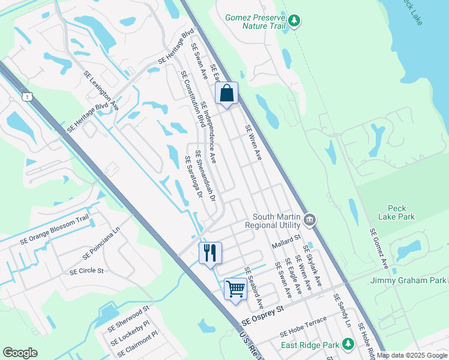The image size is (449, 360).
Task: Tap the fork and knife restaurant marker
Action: tap(210, 253)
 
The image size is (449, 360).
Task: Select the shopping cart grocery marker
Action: tap(235, 289)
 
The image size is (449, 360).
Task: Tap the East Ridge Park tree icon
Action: tap(348, 344)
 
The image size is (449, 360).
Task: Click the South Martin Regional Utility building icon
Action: tap(310, 220)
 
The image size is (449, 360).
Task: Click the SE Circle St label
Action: tap(86, 271)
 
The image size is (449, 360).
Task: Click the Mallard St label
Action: tap(285, 238)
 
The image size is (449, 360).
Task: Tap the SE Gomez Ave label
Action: tap(379, 249)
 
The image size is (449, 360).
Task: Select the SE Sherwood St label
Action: tap(127, 320)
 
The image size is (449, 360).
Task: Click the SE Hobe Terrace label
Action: tap(303, 326)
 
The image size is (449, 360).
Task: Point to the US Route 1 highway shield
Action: tap(26, 96)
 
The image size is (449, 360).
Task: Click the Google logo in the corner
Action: tap(20, 353)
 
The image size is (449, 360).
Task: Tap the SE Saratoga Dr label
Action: tap(193, 175)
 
